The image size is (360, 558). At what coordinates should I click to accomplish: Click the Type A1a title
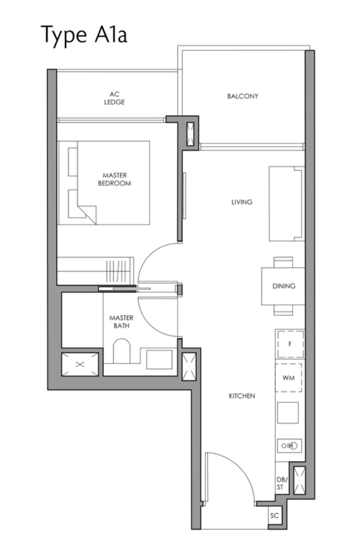(85, 35)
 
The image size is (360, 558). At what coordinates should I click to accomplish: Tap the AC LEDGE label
(114, 98)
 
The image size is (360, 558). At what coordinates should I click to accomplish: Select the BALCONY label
(243, 96)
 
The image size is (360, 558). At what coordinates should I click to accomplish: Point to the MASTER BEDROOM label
(115, 179)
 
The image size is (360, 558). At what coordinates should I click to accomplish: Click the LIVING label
(242, 202)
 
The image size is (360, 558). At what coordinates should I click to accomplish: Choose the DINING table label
(284, 286)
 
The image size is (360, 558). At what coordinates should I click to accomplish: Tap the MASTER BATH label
(121, 321)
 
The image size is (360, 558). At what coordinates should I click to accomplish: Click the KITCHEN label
(242, 396)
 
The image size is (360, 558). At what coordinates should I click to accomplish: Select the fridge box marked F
(290, 344)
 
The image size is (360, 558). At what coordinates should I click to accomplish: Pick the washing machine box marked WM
(289, 378)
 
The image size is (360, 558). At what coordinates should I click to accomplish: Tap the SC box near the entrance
(275, 515)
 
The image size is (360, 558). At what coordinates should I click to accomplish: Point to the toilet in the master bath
(121, 351)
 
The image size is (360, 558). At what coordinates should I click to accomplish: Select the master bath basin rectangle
(159, 359)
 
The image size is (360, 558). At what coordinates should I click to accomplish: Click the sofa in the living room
(287, 204)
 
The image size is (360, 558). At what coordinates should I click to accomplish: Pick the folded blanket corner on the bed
(88, 214)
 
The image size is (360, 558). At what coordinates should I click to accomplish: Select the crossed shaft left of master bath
(80, 365)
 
